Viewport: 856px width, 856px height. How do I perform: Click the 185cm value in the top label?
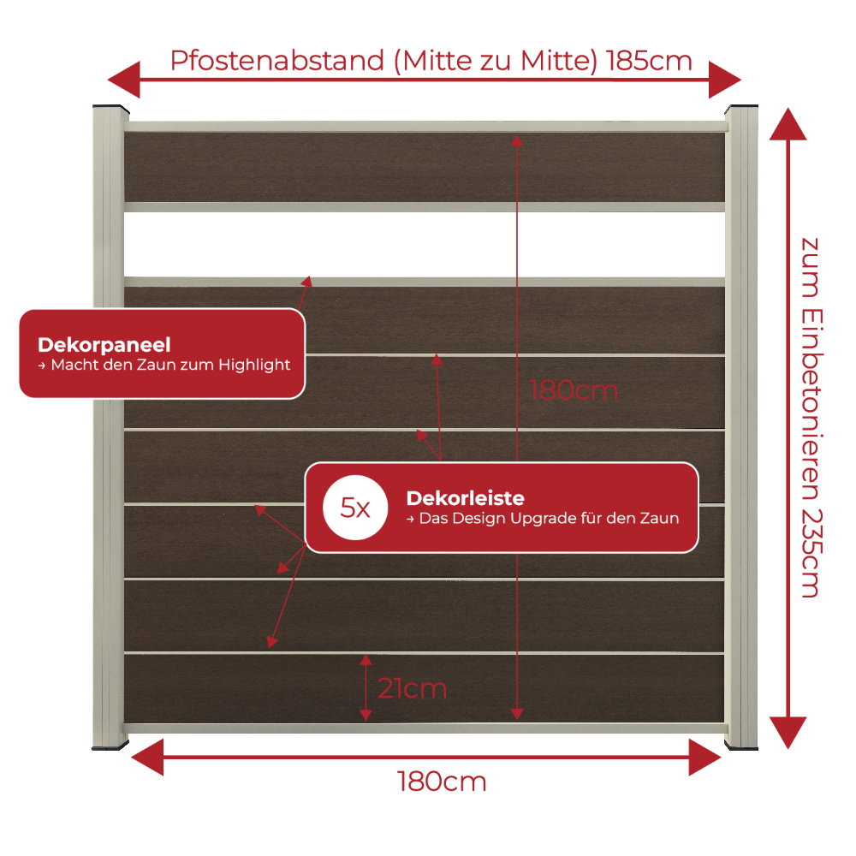click(x=649, y=61)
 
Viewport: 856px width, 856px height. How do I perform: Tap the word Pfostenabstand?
click(x=277, y=61)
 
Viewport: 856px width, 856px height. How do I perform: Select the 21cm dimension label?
click(x=413, y=688)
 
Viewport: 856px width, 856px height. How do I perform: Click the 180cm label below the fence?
click(x=442, y=782)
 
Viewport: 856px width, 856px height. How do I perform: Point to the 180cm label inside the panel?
click(x=574, y=391)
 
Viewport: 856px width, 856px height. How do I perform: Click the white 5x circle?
click(x=355, y=508)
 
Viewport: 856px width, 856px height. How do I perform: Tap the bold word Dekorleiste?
click(x=465, y=498)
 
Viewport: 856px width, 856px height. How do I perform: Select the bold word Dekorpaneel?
click(x=104, y=345)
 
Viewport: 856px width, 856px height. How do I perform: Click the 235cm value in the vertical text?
click(x=811, y=554)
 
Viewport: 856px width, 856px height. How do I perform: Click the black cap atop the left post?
click(x=110, y=108)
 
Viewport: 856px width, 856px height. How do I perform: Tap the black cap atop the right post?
click(x=741, y=108)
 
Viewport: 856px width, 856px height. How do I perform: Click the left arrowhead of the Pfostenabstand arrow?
click(x=124, y=80)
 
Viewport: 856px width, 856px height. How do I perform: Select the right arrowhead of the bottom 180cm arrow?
click(x=705, y=758)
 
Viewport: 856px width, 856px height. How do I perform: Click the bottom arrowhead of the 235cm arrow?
click(x=788, y=733)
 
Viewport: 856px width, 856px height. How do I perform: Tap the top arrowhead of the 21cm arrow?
click(x=366, y=660)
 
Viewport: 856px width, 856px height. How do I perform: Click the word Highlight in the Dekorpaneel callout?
click(x=254, y=366)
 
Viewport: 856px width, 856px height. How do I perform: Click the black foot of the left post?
click(x=110, y=746)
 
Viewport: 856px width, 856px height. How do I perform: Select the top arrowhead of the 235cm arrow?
click(x=788, y=124)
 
